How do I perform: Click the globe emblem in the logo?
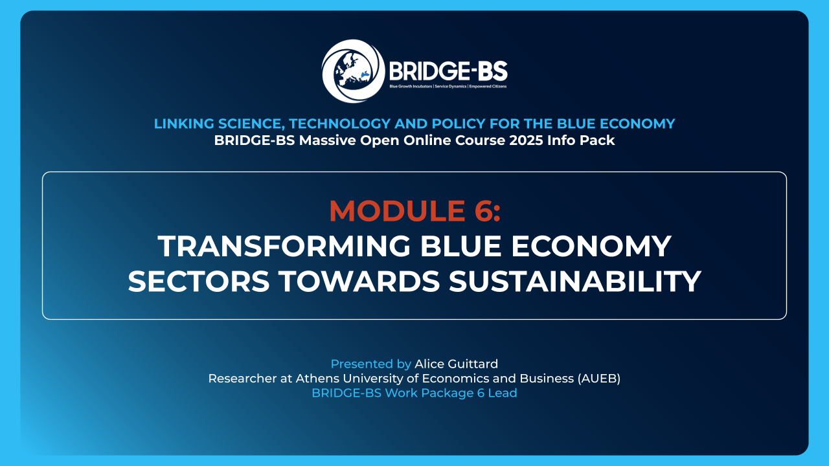click(x=353, y=71)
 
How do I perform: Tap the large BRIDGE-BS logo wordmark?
click(x=448, y=71)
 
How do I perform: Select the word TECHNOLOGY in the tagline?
click(x=339, y=124)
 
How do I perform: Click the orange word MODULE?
click(x=398, y=211)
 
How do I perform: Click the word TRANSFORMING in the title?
click(x=284, y=247)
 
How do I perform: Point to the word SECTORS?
click(x=199, y=282)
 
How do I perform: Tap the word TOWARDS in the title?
click(x=359, y=282)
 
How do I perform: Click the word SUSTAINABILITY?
click(x=575, y=282)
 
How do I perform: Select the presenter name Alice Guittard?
click(x=457, y=364)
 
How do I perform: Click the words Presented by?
click(x=371, y=364)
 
